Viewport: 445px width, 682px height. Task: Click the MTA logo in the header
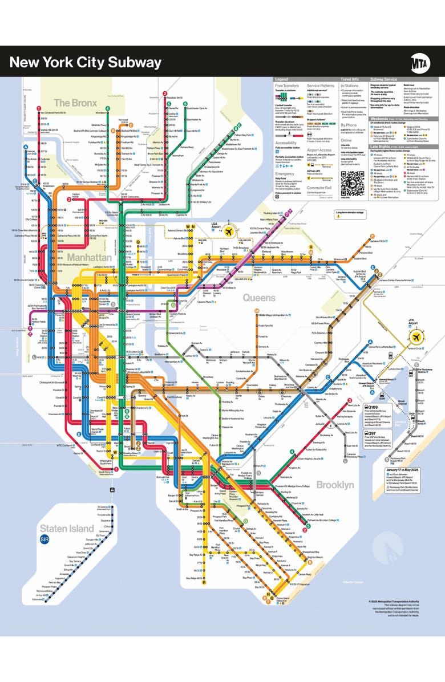[x=420, y=62]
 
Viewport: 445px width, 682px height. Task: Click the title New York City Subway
[x=86, y=62]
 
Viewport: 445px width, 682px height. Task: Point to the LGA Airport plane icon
[x=229, y=232]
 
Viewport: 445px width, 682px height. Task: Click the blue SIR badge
[x=45, y=539]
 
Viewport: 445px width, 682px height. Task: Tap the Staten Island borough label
[x=66, y=528]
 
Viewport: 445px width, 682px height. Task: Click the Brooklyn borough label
[x=335, y=484]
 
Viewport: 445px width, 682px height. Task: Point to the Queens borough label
[x=259, y=297]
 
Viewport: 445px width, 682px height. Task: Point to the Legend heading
[x=282, y=79]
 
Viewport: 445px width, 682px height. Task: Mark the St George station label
[x=103, y=506]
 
